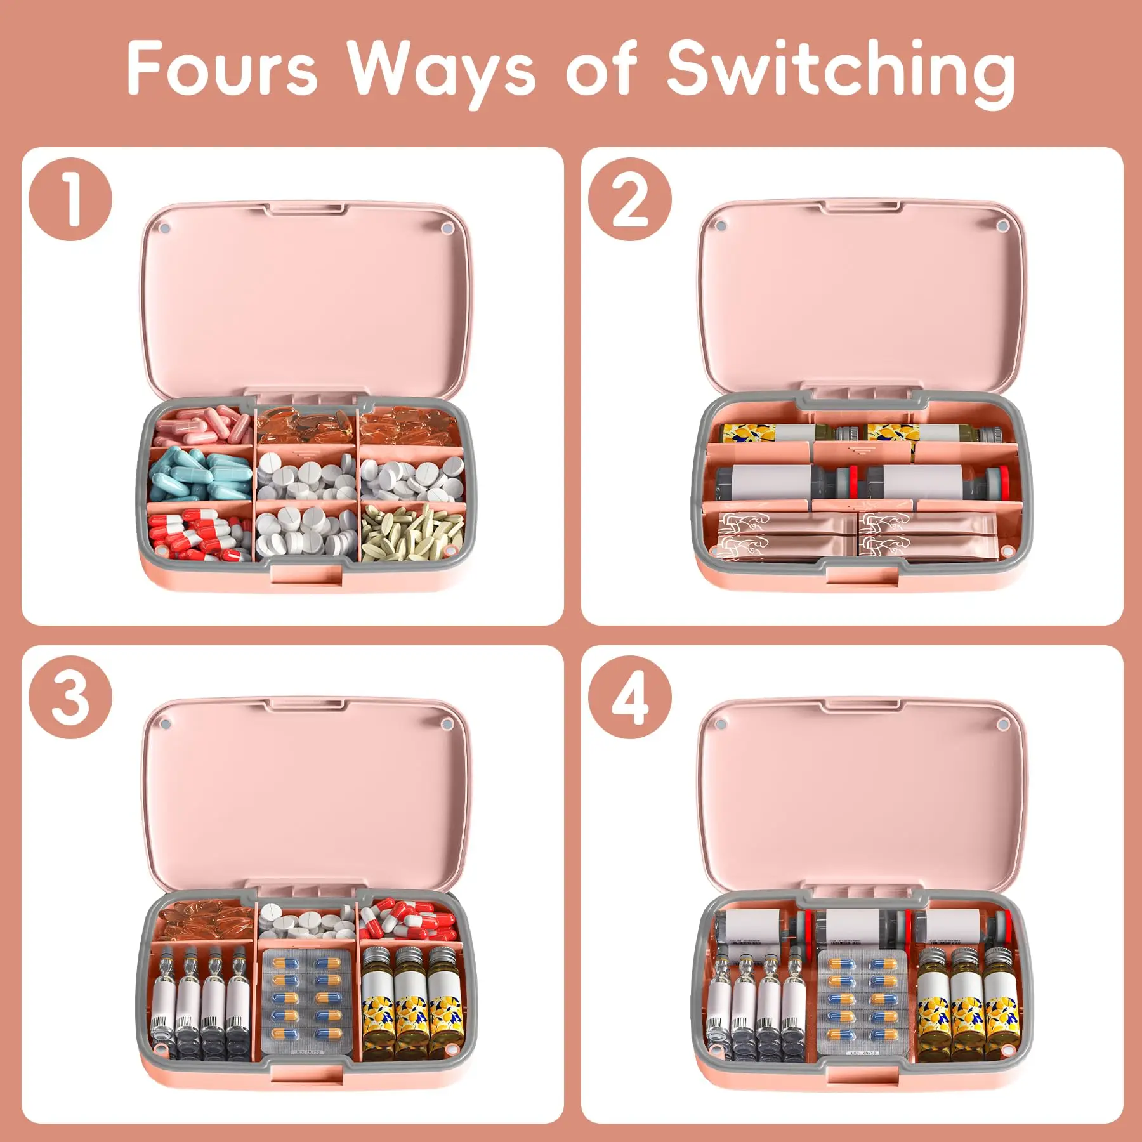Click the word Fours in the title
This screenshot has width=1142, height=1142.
pyautogui.click(x=222, y=69)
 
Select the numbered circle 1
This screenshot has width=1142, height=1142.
pyautogui.click(x=70, y=199)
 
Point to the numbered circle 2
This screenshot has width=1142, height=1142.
pyautogui.click(x=629, y=199)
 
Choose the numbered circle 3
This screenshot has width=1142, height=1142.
pyautogui.click(x=70, y=697)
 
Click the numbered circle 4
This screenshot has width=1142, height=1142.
pyautogui.click(x=629, y=697)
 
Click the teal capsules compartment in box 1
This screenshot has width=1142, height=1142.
pyautogui.click(x=200, y=475)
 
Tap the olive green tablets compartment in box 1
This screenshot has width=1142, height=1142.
pyautogui.click(x=412, y=532)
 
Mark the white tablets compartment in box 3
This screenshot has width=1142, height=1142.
pyautogui.click(x=306, y=921)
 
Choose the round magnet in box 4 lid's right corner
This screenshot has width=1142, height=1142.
pyautogui.click(x=1002, y=724)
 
